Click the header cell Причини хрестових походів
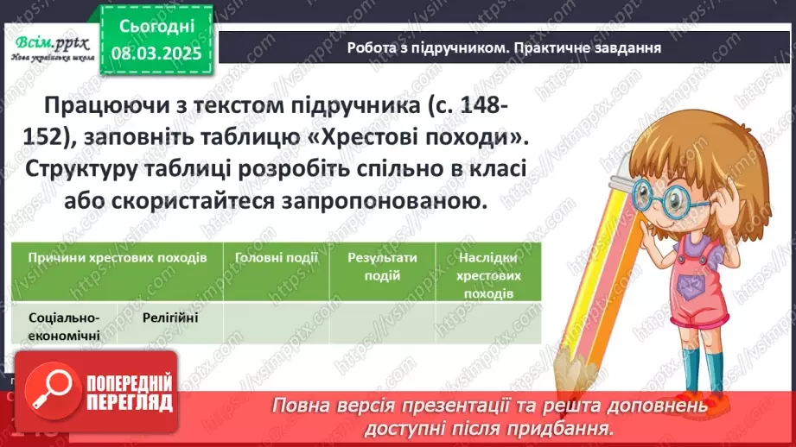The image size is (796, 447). click(117, 258)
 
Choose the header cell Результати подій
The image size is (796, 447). click(382, 267)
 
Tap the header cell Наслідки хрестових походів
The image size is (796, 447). click(488, 275)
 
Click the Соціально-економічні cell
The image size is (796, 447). click(64, 325)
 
